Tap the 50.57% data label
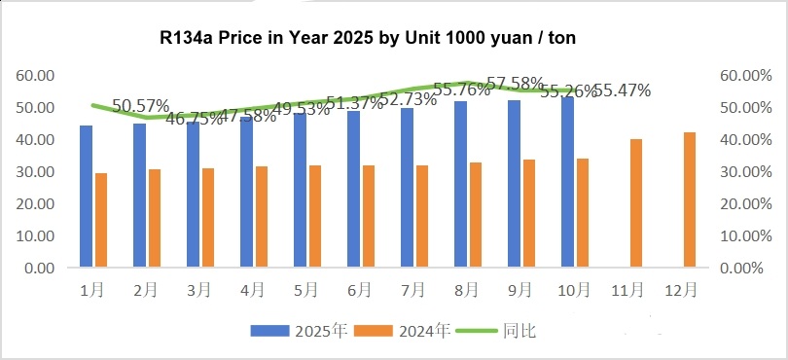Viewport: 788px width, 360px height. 141,105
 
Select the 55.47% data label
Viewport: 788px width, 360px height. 622,90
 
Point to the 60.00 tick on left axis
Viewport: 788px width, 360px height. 34,76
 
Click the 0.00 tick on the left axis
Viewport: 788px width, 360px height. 38,268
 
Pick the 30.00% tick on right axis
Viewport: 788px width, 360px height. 743,172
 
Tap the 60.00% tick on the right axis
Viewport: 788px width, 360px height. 743,76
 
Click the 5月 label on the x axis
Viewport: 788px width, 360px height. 305,290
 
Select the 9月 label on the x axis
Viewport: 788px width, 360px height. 519,290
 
